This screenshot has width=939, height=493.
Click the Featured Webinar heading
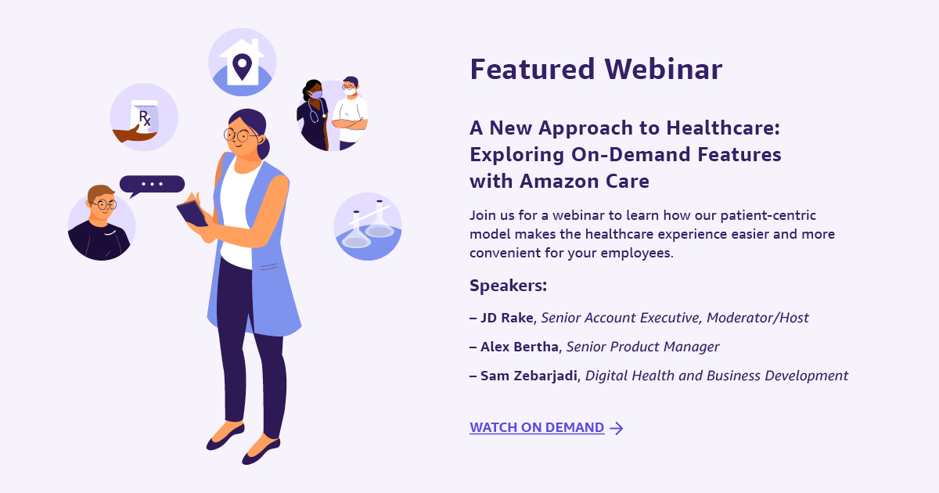click(x=596, y=69)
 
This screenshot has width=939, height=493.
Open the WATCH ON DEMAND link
click(x=537, y=427)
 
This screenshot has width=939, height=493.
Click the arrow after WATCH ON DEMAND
click(x=617, y=428)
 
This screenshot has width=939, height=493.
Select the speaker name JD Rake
click(x=507, y=318)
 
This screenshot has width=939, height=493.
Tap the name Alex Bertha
click(x=520, y=347)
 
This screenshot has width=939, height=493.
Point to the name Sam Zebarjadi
click(x=529, y=376)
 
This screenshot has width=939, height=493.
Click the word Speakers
click(x=508, y=286)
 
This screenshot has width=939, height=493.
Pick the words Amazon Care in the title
click(x=585, y=181)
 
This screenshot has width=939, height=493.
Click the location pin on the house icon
click(x=242, y=67)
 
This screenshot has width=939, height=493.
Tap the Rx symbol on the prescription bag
click(x=145, y=118)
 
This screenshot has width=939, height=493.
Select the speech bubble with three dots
click(x=151, y=185)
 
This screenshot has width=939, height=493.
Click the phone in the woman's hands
click(x=192, y=214)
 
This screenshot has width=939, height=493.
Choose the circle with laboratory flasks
click(x=368, y=226)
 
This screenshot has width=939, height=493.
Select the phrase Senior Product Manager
click(x=642, y=347)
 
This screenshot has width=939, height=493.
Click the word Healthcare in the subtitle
click(x=723, y=128)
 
